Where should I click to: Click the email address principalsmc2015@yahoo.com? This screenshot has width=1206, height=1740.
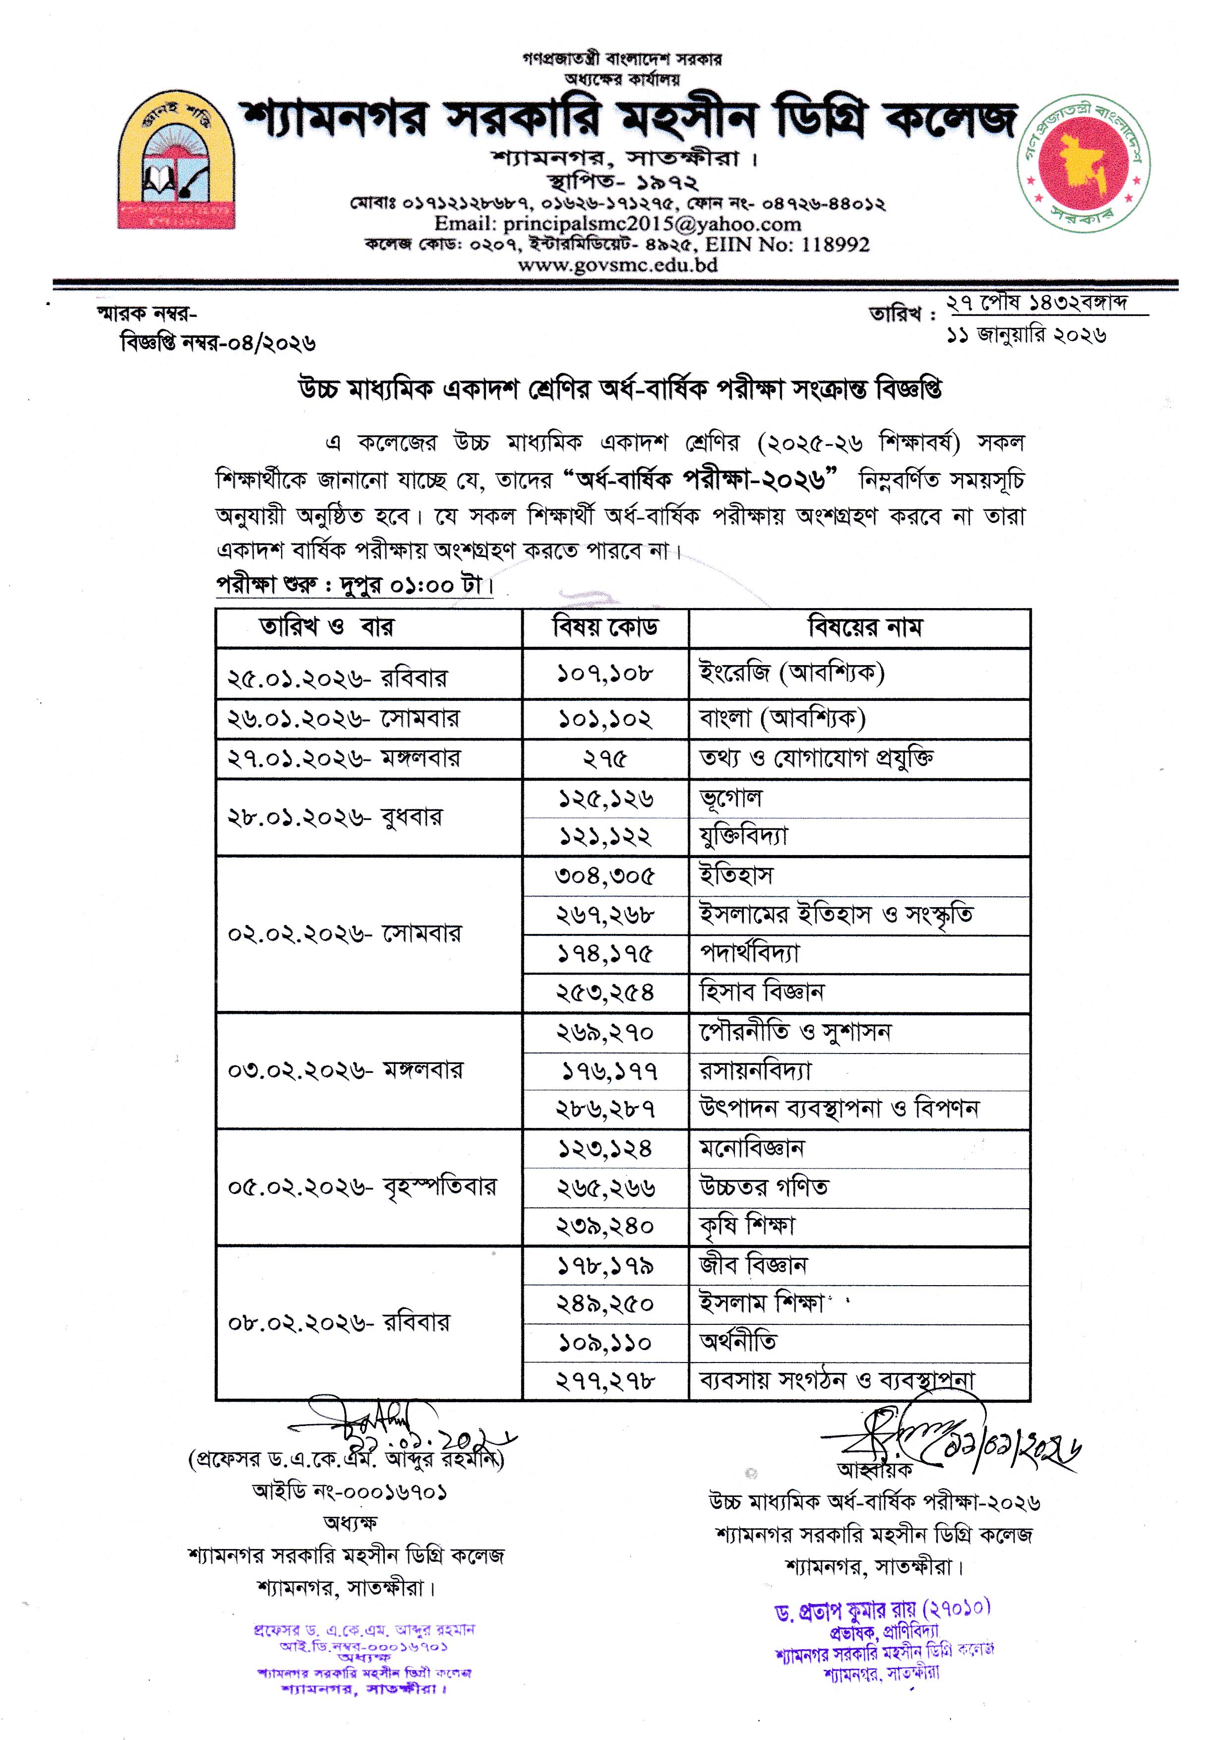(x=617, y=224)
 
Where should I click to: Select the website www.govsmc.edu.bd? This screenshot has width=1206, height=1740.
(x=617, y=264)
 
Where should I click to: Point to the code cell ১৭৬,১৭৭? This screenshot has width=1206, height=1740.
(x=609, y=1071)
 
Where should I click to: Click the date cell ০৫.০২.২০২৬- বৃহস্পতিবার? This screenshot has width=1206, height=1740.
(x=362, y=1187)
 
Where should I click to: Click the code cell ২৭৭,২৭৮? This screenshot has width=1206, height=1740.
(x=605, y=1381)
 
